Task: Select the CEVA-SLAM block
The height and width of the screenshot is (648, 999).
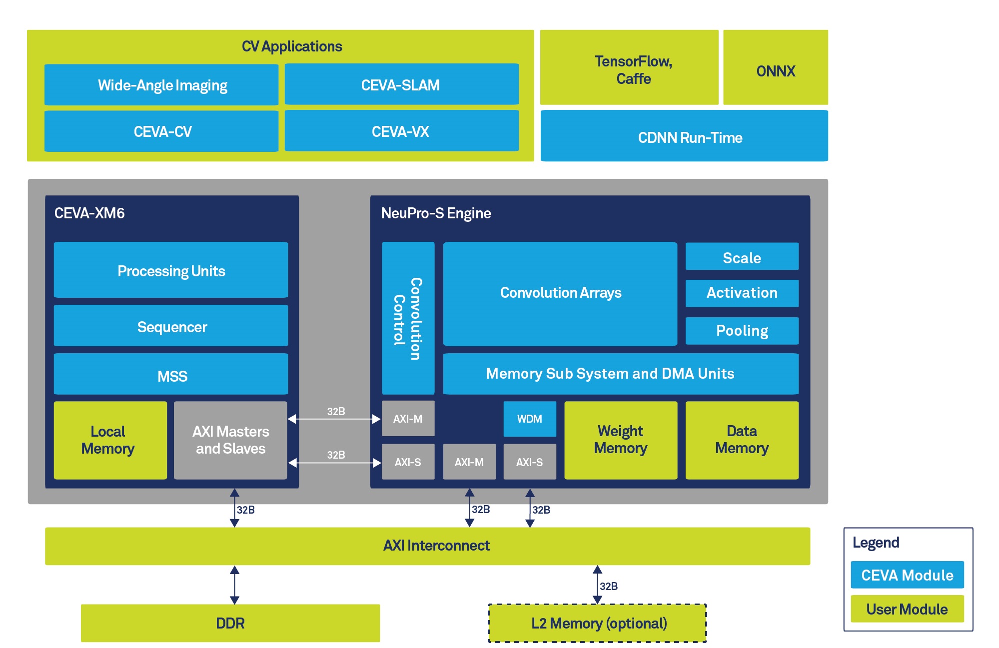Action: pos(401,84)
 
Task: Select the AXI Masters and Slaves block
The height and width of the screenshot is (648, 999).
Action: pos(230,440)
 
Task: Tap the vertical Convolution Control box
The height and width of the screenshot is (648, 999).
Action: pos(408,318)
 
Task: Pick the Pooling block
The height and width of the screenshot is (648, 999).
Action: pos(742,331)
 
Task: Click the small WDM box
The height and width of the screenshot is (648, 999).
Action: pos(529,419)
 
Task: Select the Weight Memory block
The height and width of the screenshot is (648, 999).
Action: pos(621,440)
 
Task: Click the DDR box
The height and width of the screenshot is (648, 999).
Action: pos(230,623)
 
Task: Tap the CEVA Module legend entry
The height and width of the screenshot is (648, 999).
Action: pos(907,575)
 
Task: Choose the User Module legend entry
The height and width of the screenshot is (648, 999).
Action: pos(907,609)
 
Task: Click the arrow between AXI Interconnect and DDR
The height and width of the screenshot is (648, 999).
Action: pos(234,585)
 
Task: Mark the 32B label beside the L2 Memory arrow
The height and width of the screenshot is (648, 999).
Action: pos(609,586)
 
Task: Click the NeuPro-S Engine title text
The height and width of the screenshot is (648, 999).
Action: pos(436,213)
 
